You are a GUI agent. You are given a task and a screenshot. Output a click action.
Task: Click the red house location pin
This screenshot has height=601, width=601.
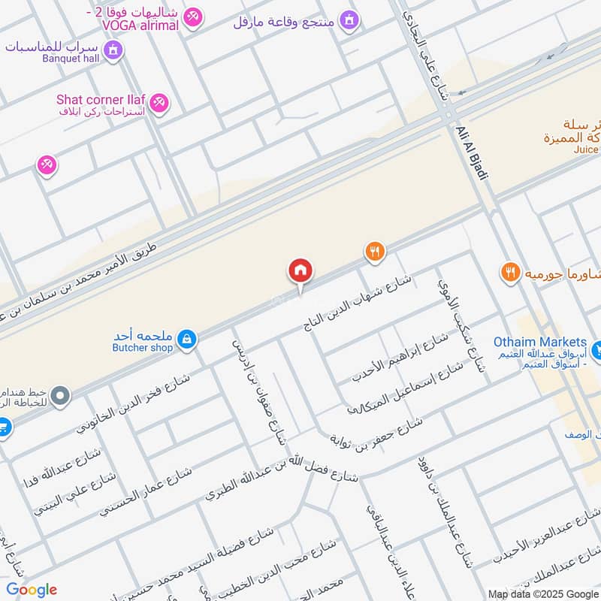click(x=300, y=271)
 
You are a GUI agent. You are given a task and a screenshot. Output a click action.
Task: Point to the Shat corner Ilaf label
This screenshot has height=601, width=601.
click(x=101, y=99)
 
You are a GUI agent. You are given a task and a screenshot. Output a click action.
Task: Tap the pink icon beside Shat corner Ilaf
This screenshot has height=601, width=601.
click(x=159, y=104)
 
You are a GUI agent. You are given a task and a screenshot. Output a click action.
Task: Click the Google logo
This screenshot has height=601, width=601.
click(x=32, y=590)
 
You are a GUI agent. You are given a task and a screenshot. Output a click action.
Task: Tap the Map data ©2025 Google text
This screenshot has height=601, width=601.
click(x=542, y=593)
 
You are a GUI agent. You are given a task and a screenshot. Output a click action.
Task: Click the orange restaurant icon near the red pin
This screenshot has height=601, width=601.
click(x=375, y=252)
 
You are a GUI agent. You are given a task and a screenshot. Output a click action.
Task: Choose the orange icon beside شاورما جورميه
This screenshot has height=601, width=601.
click(x=511, y=273)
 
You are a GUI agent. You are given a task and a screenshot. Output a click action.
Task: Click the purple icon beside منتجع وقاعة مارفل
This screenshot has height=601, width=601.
click(x=348, y=20)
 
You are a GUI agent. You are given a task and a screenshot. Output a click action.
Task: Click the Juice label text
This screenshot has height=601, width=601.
click(x=586, y=149)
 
